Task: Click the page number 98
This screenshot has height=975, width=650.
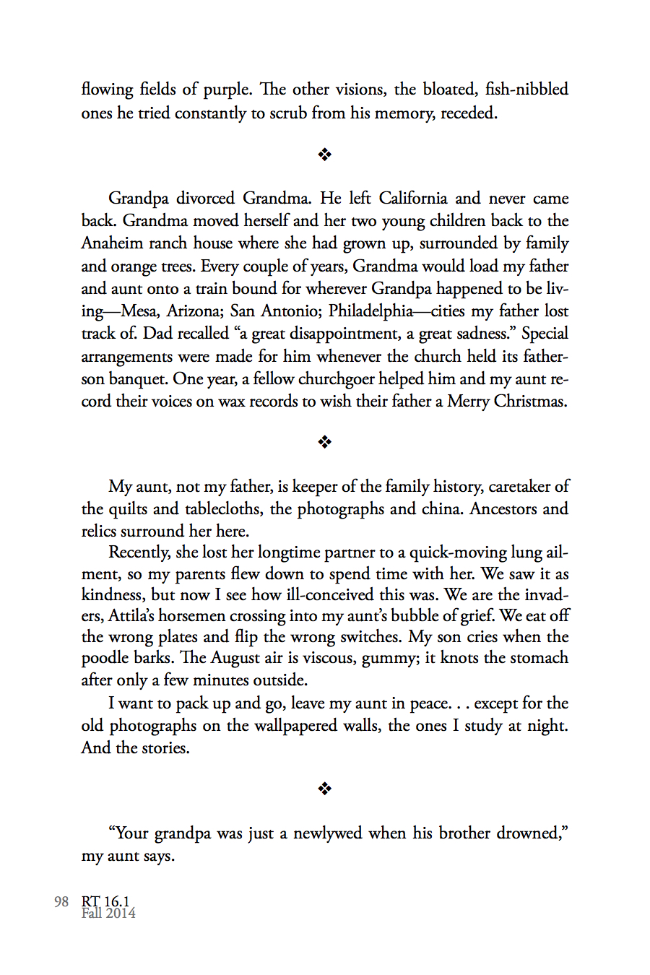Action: [61, 901]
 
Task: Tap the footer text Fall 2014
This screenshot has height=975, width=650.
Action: [108, 913]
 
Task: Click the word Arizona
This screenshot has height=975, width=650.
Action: [193, 311]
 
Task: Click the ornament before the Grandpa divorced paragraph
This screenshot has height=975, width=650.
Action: [325, 155]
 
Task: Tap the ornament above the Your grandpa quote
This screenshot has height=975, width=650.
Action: [325, 789]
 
